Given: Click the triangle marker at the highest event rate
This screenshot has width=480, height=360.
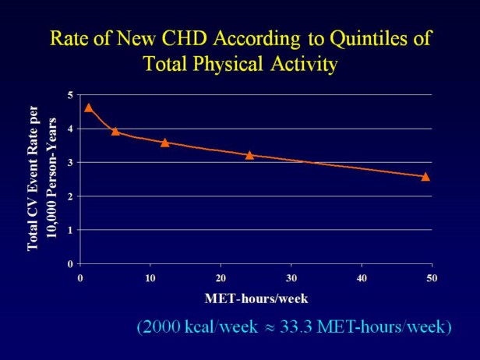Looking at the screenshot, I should (x=89, y=108).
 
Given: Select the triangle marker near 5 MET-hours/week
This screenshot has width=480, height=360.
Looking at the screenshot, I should (x=115, y=131).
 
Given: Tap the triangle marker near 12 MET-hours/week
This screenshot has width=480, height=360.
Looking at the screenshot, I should (x=164, y=142).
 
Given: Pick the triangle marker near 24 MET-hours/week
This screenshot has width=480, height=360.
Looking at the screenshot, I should (x=249, y=155).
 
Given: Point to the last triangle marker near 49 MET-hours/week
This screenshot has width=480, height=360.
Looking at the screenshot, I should (x=425, y=176).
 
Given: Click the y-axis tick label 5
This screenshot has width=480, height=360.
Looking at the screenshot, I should (x=70, y=95).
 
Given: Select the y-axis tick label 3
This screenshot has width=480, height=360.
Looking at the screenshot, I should (x=70, y=162).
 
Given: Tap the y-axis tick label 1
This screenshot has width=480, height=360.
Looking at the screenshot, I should (x=70, y=230).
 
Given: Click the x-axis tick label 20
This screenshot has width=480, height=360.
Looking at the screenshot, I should (x=221, y=277).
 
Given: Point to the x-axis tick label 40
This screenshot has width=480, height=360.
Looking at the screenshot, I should (x=362, y=277).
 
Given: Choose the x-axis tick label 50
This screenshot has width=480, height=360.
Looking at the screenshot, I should (x=432, y=277).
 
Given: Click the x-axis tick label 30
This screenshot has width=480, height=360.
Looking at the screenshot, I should (x=291, y=277).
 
